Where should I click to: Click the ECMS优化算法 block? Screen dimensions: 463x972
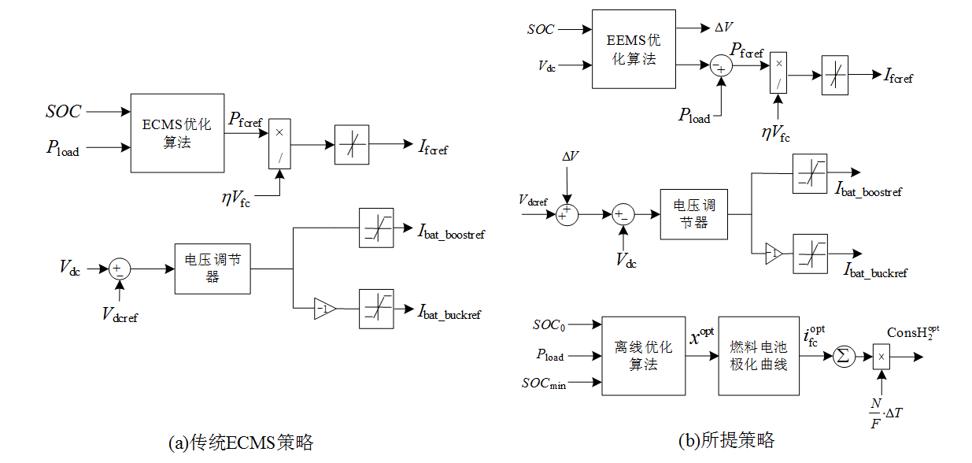(177, 133)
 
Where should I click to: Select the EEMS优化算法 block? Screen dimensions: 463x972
(633, 49)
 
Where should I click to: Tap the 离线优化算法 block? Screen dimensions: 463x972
(643, 356)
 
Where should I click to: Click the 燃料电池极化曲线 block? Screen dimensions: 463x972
(758, 356)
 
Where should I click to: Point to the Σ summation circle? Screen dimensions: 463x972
(844, 356)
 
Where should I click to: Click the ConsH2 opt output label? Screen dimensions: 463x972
(913, 335)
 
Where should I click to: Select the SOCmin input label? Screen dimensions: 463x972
(543, 383)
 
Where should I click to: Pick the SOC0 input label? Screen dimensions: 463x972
(549, 324)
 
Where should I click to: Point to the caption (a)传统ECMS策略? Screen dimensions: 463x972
(241, 443)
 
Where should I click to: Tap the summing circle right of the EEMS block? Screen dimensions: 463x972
(720, 67)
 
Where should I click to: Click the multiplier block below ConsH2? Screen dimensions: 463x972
(881, 357)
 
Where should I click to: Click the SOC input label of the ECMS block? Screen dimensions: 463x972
(63, 112)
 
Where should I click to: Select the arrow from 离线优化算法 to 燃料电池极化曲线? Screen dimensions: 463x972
(701, 356)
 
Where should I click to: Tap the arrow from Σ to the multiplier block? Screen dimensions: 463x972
(863, 356)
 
